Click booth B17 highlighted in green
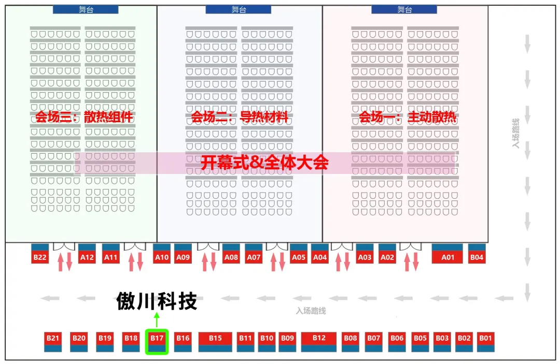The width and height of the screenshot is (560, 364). [157, 342]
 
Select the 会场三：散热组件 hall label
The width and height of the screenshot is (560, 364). [85, 118]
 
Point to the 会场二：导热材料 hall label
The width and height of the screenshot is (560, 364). [240, 118]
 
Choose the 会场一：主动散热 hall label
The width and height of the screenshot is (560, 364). [408, 118]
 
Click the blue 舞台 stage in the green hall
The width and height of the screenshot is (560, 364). [86, 9]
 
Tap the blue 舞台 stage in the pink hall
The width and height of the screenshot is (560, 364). [404, 9]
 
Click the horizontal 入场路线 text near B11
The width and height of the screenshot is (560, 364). [311, 311]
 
